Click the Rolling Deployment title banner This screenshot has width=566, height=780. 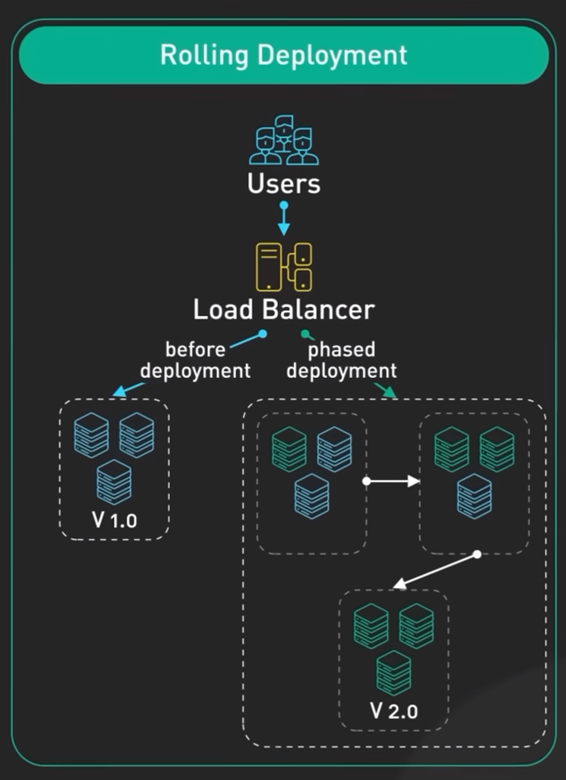click(x=283, y=55)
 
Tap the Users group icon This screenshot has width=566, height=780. click(x=283, y=140)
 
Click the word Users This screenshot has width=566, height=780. click(x=283, y=184)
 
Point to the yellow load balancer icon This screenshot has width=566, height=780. click(x=283, y=267)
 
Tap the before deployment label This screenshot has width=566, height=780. click(x=195, y=360)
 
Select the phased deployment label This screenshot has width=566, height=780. click(x=342, y=360)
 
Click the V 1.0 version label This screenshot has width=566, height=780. click(x=115, y=520)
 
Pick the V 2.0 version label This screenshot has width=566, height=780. click(x=394, y=710)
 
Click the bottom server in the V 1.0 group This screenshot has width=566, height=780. click(x=114, y=482)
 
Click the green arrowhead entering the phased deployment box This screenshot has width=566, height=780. click(x=390, y=392)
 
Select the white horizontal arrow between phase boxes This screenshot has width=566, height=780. click(x=392, y=481)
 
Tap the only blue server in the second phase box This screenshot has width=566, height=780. click(x=474, y=496)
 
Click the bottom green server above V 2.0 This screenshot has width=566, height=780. click(x=394, y=673)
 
